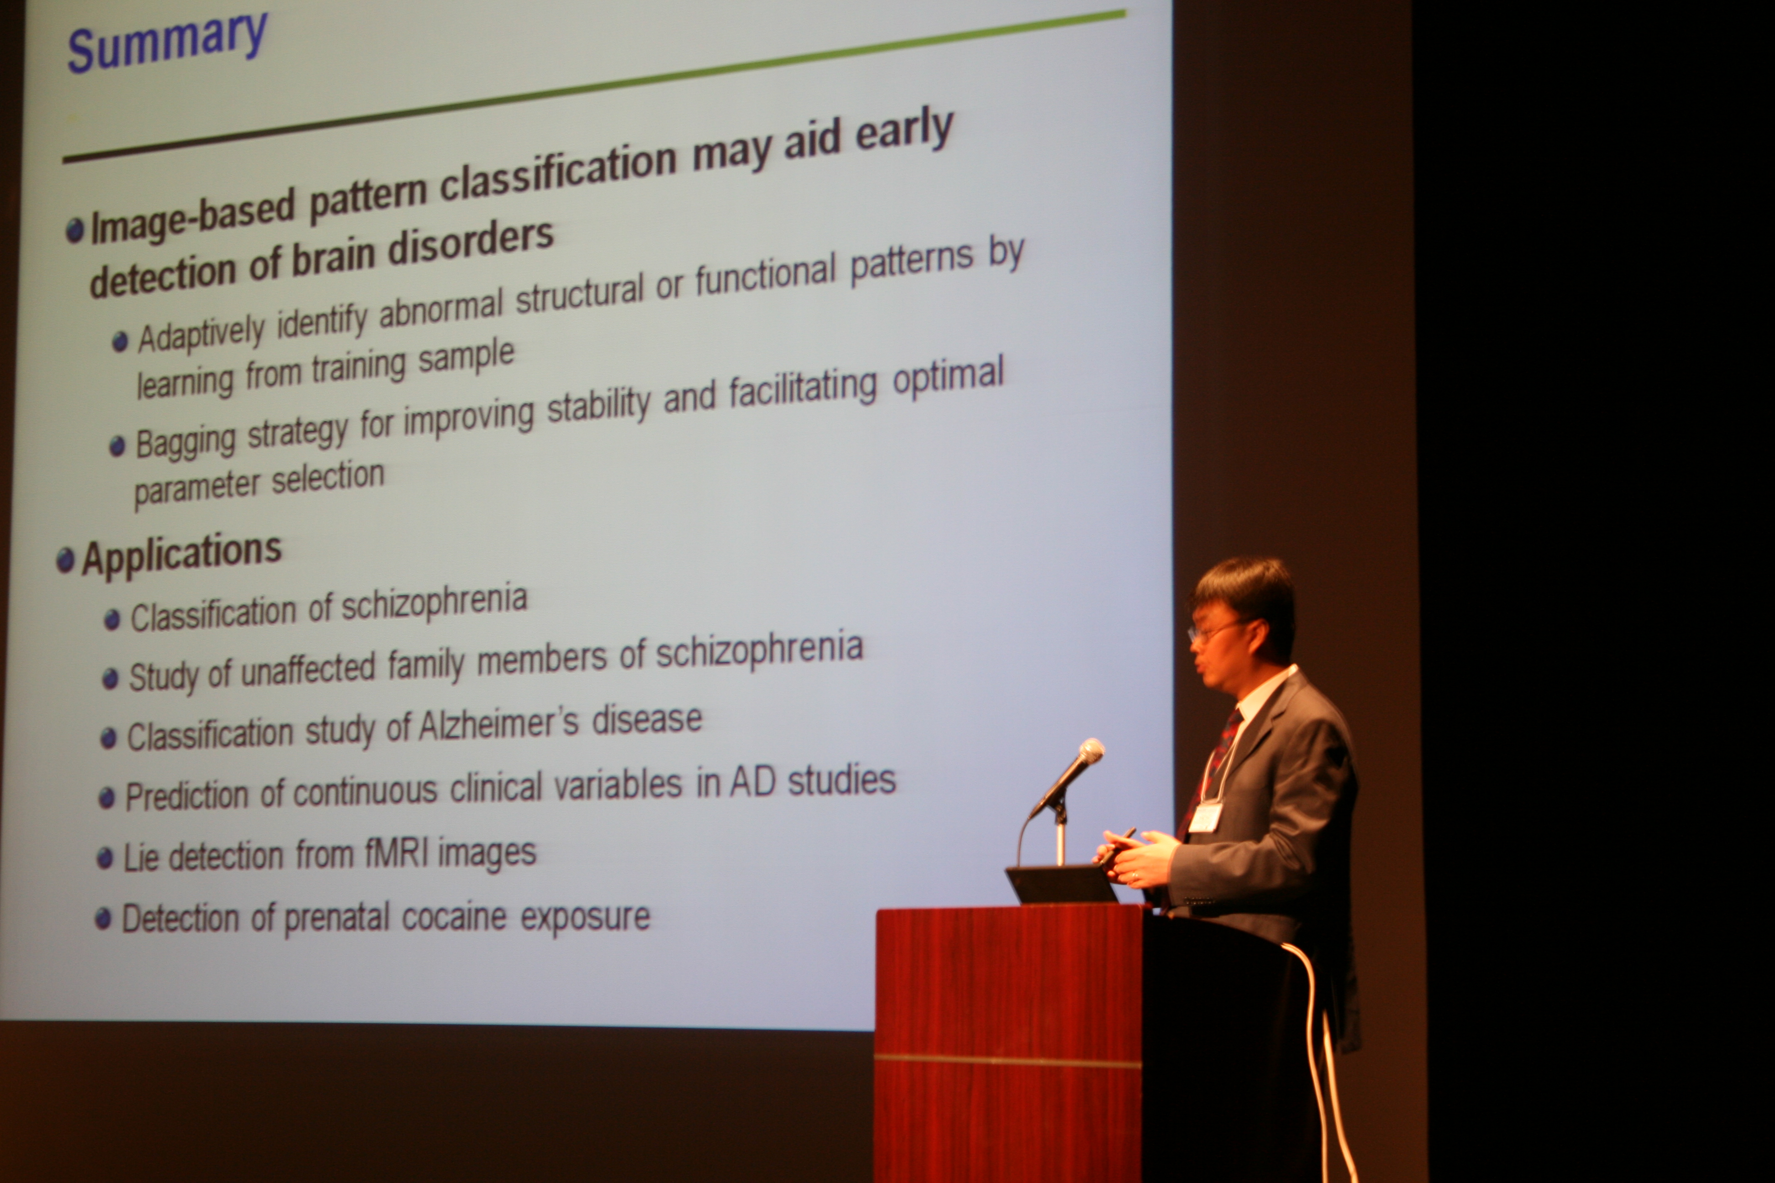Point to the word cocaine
pos(453,916)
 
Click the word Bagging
pos(186,441)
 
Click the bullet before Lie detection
pos(105,858)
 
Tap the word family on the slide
pos(425,665)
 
